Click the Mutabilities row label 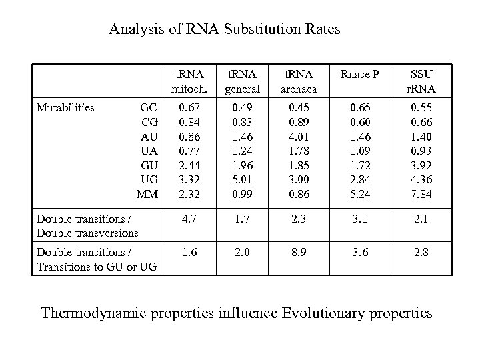[x=65, y=106]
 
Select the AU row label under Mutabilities [x=149, y=135]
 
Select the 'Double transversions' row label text [x=88, y=233]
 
